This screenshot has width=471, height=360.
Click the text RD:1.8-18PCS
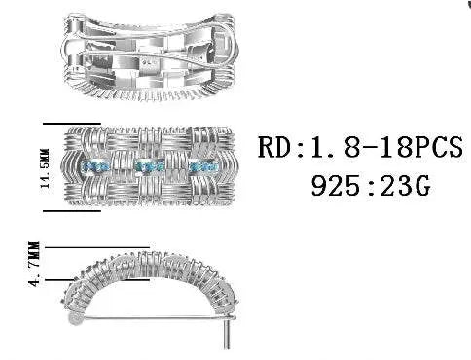[360, 147]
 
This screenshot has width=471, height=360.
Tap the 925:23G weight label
[371, 186]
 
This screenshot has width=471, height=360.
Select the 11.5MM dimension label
[45, 168]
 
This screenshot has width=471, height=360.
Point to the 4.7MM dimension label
[34, 264]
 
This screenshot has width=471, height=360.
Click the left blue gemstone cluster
[94, 167]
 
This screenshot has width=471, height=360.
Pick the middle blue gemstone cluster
[150, 166]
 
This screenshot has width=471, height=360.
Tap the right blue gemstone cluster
[203, 166]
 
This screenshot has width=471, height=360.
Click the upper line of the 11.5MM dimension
[72, 124]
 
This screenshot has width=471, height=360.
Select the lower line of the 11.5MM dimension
[72, 211]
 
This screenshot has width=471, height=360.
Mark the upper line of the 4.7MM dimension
[97, 247]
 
